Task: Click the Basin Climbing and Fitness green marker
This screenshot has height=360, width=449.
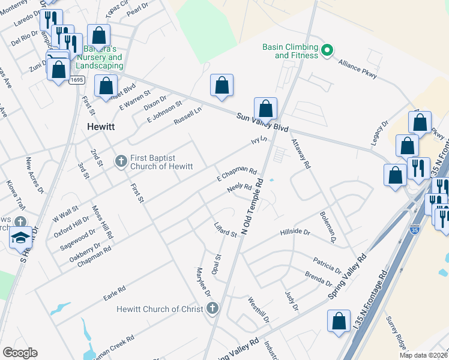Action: click(327, 50)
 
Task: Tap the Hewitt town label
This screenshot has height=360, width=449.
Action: click(100, 127)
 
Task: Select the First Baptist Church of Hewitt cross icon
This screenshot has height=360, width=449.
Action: click(121, 161)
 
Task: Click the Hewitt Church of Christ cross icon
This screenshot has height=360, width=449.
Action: click(211, 309)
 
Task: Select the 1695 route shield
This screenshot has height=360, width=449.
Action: click(76, 80)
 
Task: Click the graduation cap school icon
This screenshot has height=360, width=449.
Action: click(20, 238)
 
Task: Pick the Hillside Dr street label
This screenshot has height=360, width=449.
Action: click(295, 232)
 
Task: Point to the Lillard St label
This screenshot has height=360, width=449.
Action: click(226, 230)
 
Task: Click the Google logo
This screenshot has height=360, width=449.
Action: click(20, 353)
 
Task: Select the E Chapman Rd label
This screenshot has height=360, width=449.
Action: click(237, 175)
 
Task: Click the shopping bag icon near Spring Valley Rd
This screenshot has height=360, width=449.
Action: click(339, 321)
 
